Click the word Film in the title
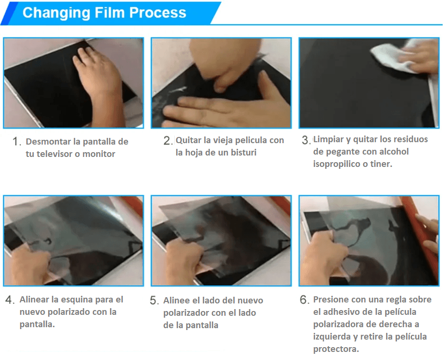[x=109, y=13]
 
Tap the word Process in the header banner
[x=158, y=13]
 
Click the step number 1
[x=16, y=142]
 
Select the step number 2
[x=167, y=141]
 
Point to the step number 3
[x=305, y=140]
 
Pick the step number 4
[x=9, y=300]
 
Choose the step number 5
[x=153, y=301]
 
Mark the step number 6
[x=304, y=300]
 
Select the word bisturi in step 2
[x=244, y=153]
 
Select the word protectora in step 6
[x=336, y=349]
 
